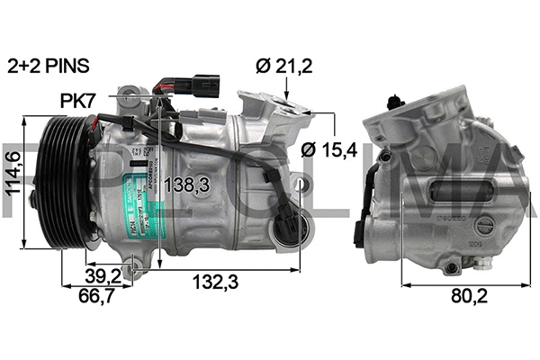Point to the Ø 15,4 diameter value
point(329,149)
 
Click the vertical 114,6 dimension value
point(13,181)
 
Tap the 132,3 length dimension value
point(216,283)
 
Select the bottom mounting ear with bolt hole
point(135,265)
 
